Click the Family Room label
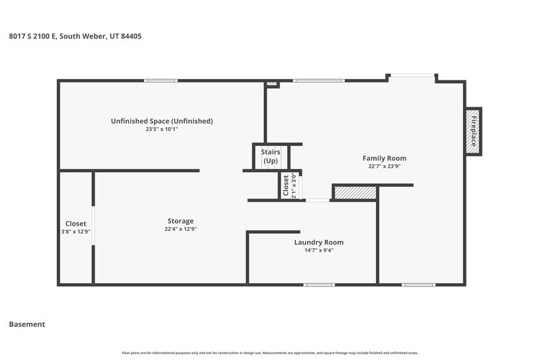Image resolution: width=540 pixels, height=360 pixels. (387, 158)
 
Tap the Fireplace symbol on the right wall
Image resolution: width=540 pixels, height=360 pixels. (474, 131)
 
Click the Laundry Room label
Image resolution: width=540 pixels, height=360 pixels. (319, 242)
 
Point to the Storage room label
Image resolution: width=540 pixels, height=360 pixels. (180, 221)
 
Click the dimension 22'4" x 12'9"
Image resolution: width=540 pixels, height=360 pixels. (180, 229)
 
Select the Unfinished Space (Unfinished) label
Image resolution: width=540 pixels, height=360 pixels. (162, 121)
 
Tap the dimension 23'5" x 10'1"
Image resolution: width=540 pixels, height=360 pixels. (162, 129)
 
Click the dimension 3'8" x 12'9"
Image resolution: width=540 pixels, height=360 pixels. (75, 232)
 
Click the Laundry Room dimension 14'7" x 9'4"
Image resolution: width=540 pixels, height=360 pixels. (319, 250)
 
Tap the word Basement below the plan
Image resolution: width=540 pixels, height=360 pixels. (27, 324)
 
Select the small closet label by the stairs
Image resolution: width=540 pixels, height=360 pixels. (286, 185)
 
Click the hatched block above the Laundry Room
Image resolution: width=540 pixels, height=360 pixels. (355, 193)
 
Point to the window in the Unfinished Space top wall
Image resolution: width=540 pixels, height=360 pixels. (161, 81)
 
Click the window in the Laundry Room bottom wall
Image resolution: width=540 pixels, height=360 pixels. (319, 284)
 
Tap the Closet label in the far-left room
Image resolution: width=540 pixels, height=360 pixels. (75, 224)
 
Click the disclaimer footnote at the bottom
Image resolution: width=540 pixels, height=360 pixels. (270, 353)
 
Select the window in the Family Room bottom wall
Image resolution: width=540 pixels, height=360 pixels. (418, 284)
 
